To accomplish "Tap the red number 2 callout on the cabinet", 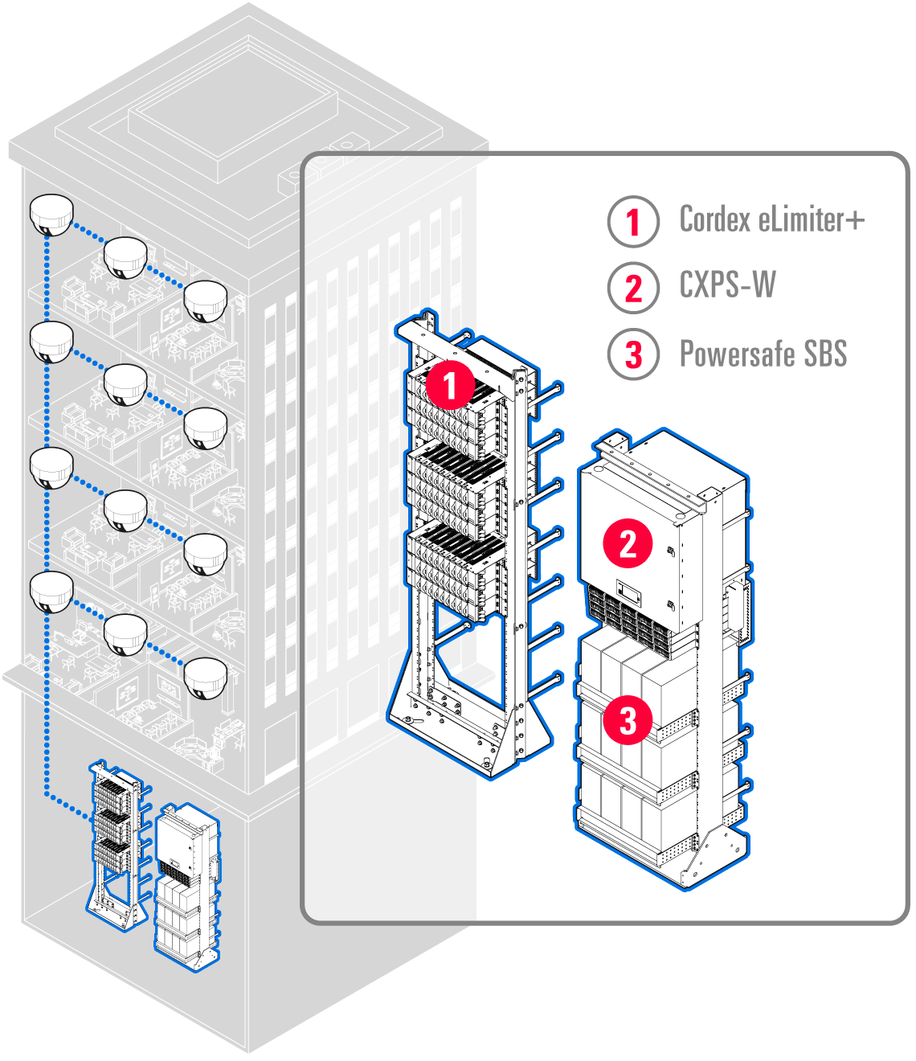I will pyautogui.click(x=628, y=543).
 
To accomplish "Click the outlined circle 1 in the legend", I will pyautogui.click(x=633, y=221).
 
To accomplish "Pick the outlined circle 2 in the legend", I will pyautogui.click(x=633, y=287).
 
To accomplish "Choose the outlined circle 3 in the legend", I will pyautogui.click(x=633, y=354).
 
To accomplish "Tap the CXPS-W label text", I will pyautogui.click(x=727, y=285).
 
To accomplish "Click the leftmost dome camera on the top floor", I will pyautogui.click(x=51, y=215).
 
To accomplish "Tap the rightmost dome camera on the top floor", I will pyautogui.click(x=206, y=301).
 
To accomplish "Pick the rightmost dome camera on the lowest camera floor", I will pyautogui.click(x=206, y=678).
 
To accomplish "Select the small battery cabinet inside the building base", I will pyautogui.click(x=186, y=884).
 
